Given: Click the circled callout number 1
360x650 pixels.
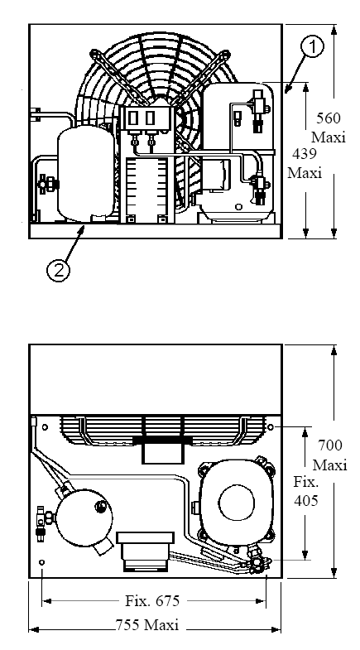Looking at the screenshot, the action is click(x=313, y=48).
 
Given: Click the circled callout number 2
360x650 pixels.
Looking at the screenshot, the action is click(x=58, y=270).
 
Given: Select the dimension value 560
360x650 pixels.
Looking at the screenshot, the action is click(x=329, y=118).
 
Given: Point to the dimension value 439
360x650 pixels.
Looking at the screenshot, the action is click(x=305, y=154).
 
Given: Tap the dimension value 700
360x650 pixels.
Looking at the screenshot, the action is click(x=330, y=445).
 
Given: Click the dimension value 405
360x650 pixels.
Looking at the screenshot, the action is click(x=306, y=501).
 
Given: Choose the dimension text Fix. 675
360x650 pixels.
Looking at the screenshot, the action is click(x=152, y=600).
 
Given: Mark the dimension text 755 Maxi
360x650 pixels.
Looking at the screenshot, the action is click(x=147, y=624).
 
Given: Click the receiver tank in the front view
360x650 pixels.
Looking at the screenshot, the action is click(x=86, y=173).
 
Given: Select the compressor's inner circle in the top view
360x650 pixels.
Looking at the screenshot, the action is click(x=236, y=503).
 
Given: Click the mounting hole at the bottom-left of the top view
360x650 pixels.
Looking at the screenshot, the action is click(x=41, y=562).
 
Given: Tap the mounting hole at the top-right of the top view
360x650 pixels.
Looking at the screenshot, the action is click(x=271, y=427).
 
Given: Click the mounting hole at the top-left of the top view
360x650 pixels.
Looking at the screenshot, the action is click(x=45, y=427).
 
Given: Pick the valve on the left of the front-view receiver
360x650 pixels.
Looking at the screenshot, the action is click(x=46, y=182).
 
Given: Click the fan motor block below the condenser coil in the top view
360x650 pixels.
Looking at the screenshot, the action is click(x=162, y=453).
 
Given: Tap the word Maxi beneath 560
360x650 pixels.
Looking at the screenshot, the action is click(x=329, y=137).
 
